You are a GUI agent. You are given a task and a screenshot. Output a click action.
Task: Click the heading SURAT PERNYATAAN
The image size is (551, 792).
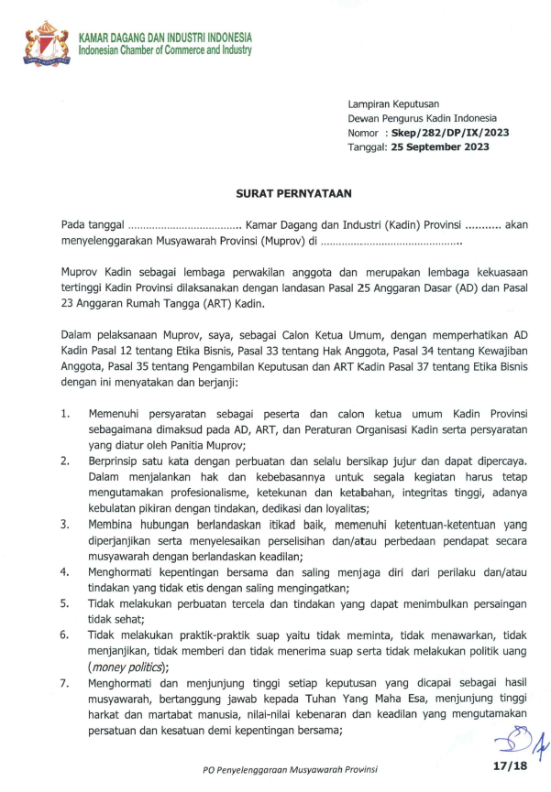click(x=275, y=193)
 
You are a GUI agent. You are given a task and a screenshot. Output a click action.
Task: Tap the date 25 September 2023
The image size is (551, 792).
click(x=437, y=147)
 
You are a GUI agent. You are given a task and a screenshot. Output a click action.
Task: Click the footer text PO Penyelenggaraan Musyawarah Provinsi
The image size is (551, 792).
click(x=291, y=770)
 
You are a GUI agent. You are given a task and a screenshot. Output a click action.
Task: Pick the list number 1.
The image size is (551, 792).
click(x=66, y=414)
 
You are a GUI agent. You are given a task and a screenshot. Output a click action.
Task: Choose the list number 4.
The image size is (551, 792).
click(x=66, y=571)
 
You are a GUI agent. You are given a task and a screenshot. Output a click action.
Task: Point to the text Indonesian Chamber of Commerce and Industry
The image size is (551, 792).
click(x=165, y=49)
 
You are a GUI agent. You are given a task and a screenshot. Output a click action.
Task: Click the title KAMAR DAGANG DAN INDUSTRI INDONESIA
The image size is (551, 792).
click(x=165, y=38)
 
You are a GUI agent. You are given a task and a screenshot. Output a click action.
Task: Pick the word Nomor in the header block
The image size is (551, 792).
click(x=363, y=133)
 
